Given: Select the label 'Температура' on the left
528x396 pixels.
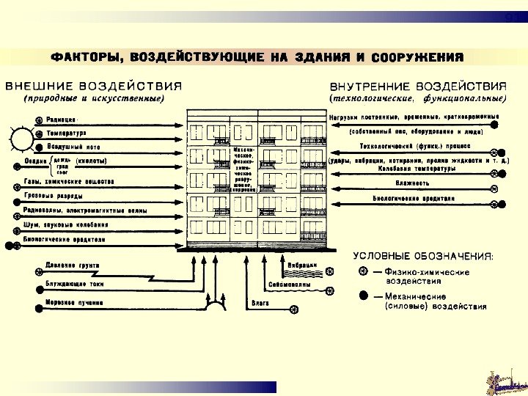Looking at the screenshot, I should point(67,133).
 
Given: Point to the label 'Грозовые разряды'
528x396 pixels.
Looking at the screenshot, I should point(53,196).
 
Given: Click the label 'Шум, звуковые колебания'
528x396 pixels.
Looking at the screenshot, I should point(65,224).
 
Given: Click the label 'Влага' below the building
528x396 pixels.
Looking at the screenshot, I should point(260,301).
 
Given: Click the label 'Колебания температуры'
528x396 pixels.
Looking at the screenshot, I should point(411,169).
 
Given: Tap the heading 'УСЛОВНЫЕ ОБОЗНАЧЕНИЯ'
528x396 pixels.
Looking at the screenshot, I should point(423,256).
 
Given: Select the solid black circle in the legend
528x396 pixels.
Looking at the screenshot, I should point(363,296).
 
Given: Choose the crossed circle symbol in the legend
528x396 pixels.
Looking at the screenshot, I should point(363,271).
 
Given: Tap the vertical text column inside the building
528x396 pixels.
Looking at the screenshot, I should point(243,169).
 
